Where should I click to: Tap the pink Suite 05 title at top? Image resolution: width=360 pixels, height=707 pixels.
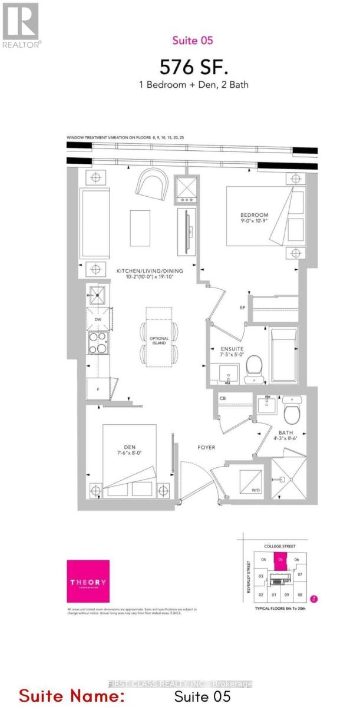pos(184,41)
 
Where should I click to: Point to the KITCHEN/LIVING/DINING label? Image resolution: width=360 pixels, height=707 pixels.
pos(150,270)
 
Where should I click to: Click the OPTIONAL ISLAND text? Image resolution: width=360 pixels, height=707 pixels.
pos(159,341)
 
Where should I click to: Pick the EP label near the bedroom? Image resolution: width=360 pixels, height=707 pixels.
pos(242,308)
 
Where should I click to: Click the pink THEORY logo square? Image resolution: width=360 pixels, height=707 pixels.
pos(88,581)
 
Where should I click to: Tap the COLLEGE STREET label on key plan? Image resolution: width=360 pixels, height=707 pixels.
pos(281,546)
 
